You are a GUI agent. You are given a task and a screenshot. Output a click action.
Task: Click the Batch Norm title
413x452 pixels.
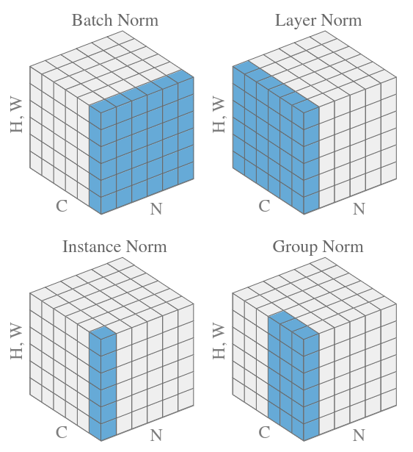point(115,21)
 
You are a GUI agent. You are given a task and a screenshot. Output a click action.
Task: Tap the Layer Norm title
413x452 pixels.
point(318,21)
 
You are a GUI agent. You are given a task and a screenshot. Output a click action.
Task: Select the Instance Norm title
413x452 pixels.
point(115,247)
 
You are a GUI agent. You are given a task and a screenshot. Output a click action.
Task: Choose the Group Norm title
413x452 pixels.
point(318,248)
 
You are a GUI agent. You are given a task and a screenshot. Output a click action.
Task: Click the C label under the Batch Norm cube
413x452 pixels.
point(62,206)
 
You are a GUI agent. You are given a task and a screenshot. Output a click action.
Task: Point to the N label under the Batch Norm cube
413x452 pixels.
point(156,209)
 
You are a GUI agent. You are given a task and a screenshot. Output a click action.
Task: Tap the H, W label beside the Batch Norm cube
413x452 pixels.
point(17,115)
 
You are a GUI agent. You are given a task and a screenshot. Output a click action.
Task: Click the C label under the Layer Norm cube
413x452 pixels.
point(265,206)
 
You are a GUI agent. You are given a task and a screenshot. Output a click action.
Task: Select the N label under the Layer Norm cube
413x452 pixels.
point(359,209)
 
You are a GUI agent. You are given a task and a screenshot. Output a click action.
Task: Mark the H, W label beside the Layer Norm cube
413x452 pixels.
point(219,115)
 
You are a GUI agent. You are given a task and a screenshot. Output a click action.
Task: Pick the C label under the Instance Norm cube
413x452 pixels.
point(62,432)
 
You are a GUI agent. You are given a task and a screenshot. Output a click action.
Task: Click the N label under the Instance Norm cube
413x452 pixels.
point(156,435)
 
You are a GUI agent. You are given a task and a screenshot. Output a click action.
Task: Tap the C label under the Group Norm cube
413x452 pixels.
point(265,432)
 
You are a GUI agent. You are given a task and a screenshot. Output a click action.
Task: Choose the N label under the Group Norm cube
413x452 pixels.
point(359,435)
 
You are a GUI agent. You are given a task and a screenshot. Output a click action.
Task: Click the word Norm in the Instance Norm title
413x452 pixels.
point(147,247)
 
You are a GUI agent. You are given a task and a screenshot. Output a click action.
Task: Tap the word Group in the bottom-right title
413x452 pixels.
point(295,248)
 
